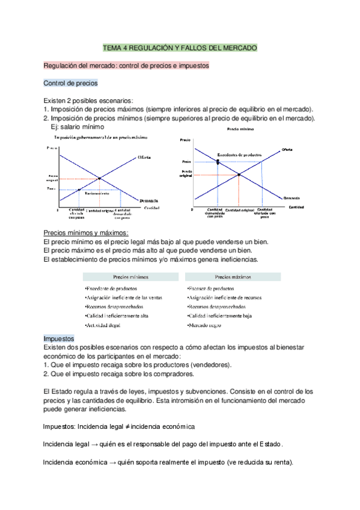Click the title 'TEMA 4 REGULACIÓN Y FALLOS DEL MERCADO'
click(x=180, y=47)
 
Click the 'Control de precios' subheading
click(x=70, y=83)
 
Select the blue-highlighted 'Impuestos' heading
click(x=59, y=339)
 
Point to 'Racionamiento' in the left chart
click(x=97, y=194)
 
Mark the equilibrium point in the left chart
click(x=99, y=178)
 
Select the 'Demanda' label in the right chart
click(x=292, y=197)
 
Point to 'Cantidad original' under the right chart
click(x=240, y=210)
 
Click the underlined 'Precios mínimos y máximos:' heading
click(x=87, y=233)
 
